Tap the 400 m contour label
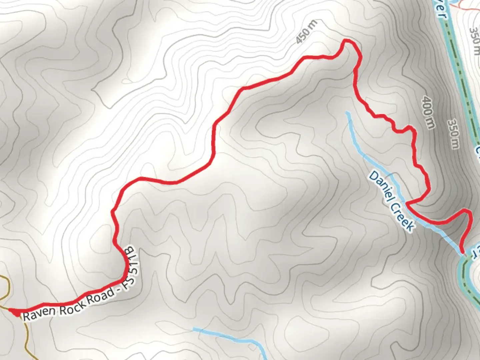point(428,112)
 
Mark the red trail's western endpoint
point(13,312)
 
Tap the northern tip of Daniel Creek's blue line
point(348,113)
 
